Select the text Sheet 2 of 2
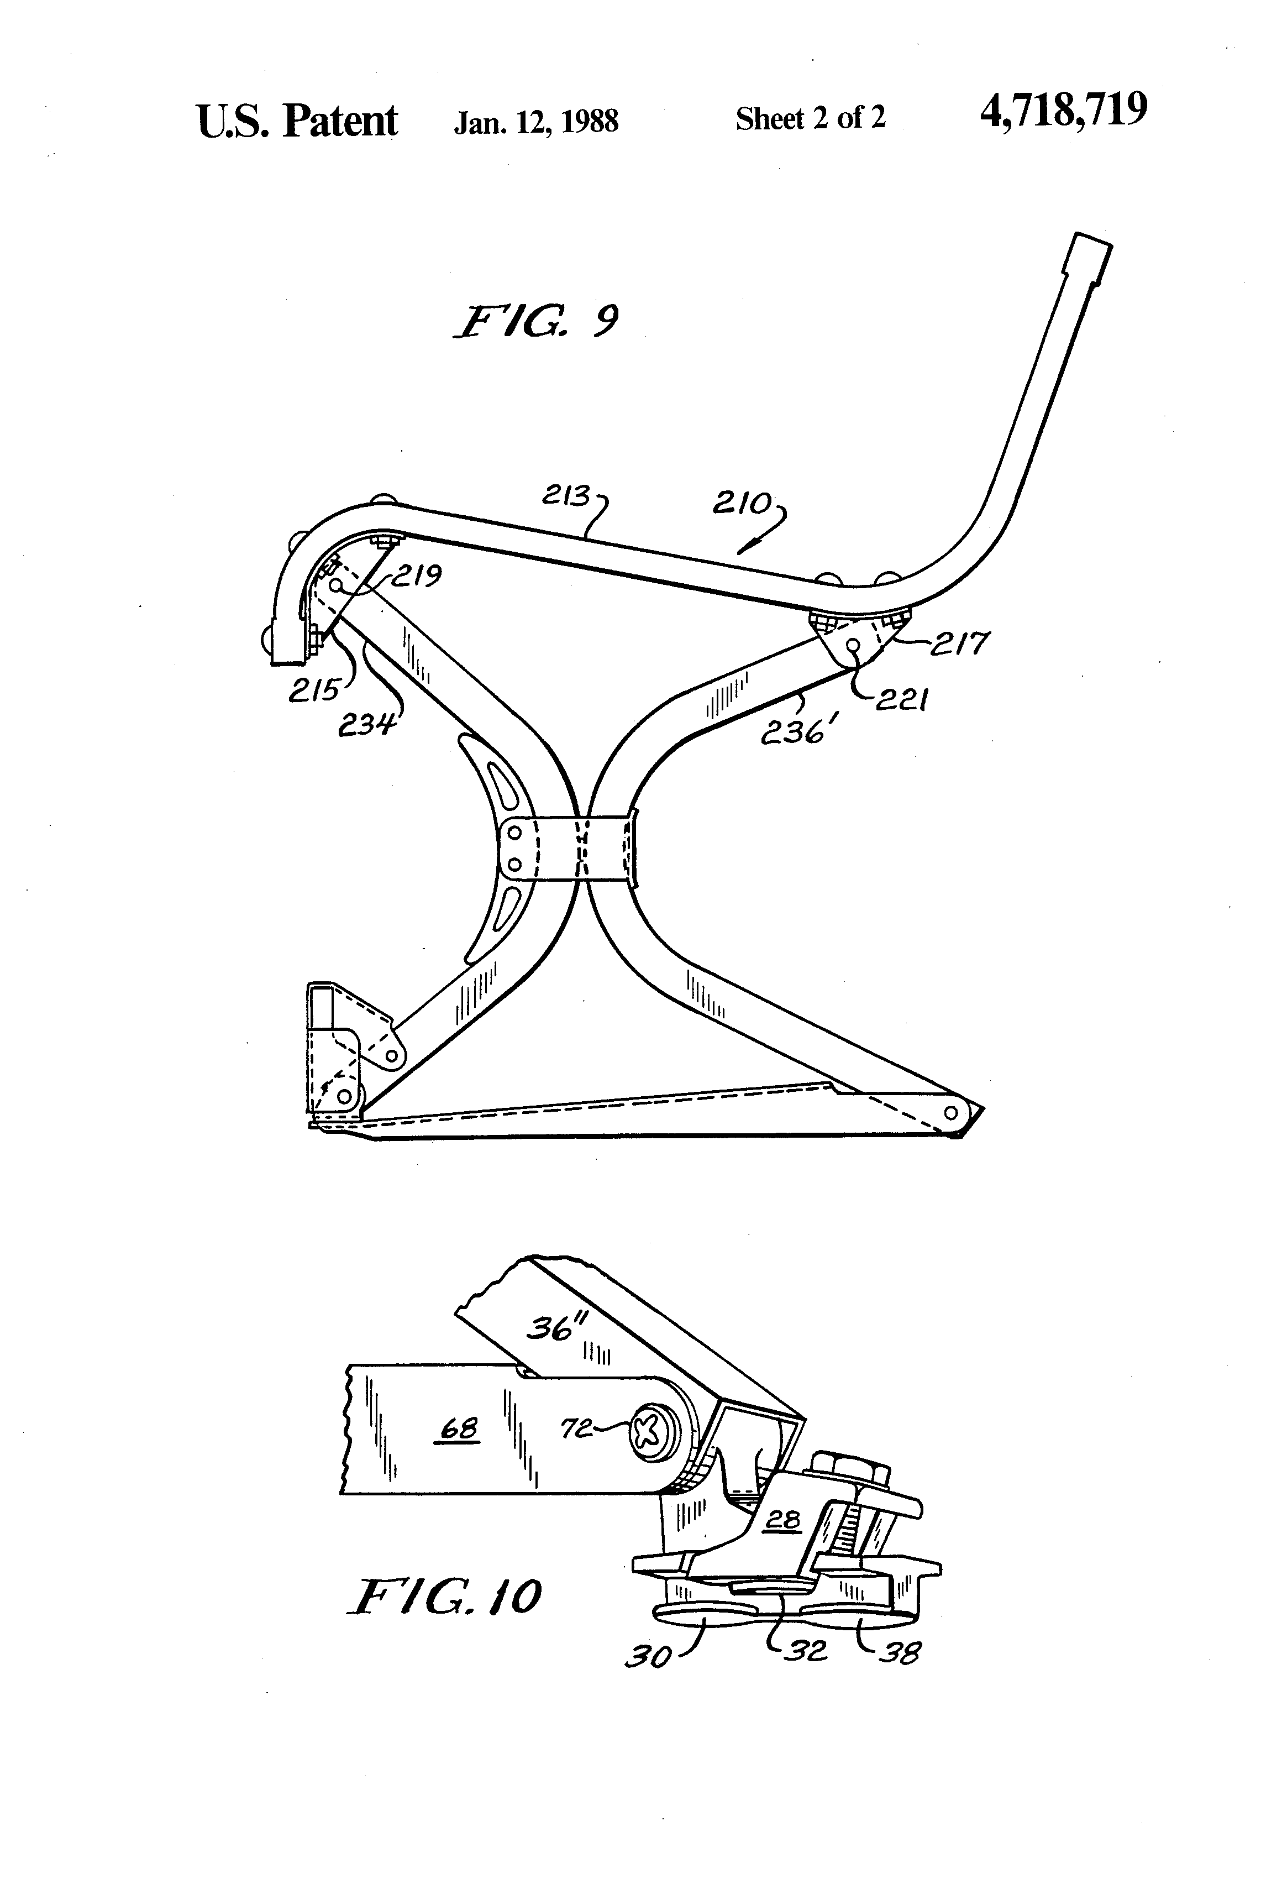pyautogui.click(x=810, y=119)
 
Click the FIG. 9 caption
pyautogui.click(x=537, y=322)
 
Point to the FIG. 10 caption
pyautogui.click(x=445, y=1597)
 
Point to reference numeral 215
pyautogui.click(x=314, y=690)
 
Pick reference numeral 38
pyautogui.click(x=900, y=1651)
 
